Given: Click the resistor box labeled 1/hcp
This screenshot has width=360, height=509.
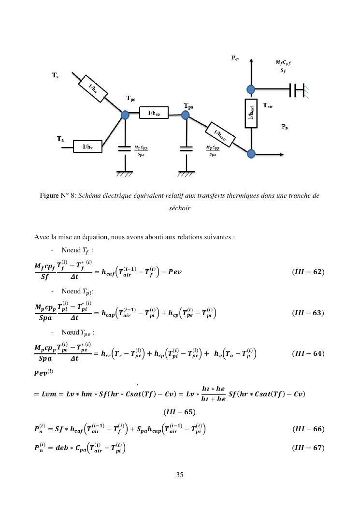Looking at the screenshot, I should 154,114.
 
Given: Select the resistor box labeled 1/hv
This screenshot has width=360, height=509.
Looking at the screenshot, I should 87,146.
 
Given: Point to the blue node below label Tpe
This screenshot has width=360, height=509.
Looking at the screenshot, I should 125,115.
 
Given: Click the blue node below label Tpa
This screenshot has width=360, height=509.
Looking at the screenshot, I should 185,115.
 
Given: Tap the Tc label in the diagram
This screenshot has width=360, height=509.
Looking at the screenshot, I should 56,76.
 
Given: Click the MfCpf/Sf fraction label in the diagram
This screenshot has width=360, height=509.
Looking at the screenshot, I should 283,67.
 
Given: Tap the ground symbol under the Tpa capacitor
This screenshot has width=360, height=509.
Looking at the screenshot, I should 185,173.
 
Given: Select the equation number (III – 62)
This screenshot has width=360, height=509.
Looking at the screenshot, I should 308,272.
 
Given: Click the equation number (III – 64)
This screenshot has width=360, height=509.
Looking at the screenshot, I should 308,353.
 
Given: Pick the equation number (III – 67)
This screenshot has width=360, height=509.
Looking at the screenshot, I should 308,448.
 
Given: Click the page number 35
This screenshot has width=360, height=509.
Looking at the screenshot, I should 180,475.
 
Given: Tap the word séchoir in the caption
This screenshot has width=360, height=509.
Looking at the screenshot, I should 180,208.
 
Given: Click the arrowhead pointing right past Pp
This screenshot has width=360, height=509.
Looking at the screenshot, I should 282,154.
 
